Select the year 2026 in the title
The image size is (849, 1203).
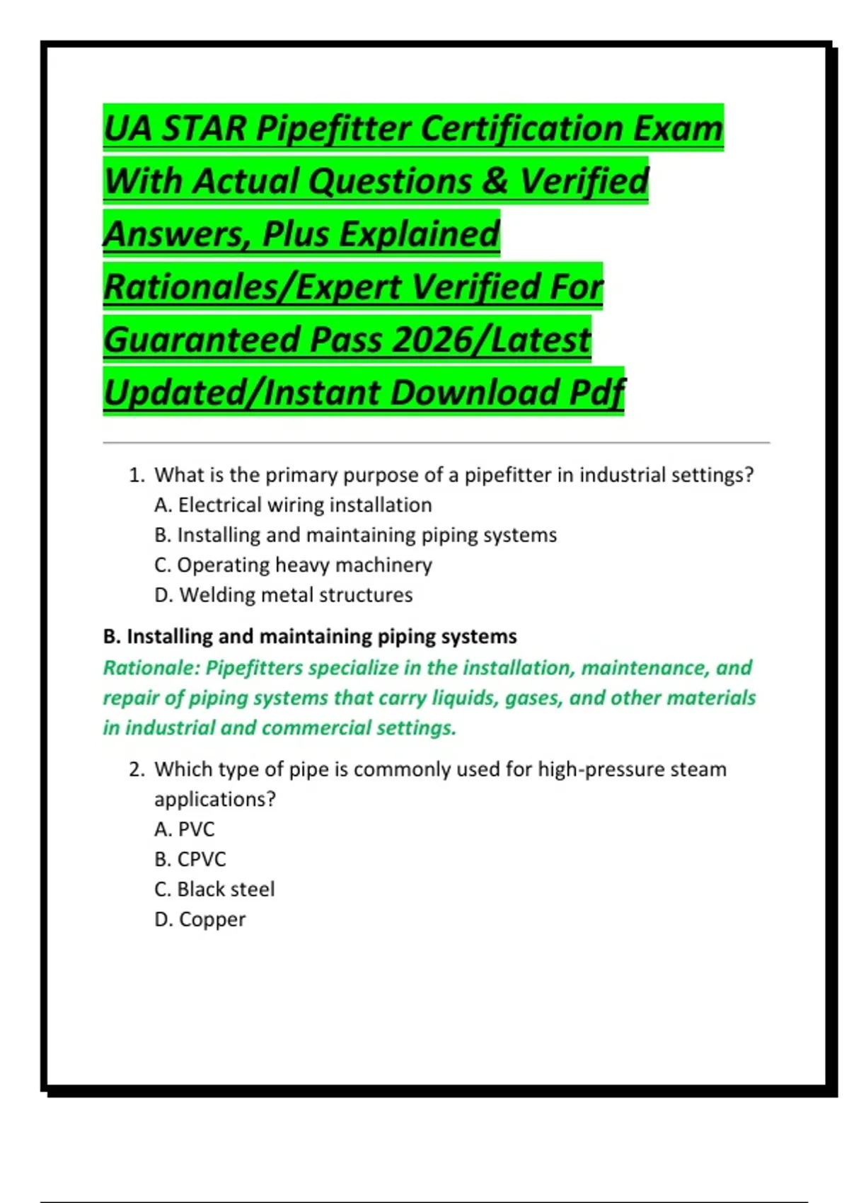429,340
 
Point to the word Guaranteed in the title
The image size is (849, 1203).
202,340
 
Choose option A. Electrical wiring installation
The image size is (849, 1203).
293,505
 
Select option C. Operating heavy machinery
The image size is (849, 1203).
293,565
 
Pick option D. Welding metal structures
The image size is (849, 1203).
283,595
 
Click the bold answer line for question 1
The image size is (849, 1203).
310,637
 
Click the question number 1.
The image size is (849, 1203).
137,475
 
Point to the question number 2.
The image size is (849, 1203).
137,769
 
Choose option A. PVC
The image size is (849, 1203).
184,829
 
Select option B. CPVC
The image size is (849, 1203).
190,859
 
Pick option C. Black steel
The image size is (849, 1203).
214,890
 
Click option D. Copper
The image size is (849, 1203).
200,919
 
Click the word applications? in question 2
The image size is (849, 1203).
214,800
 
